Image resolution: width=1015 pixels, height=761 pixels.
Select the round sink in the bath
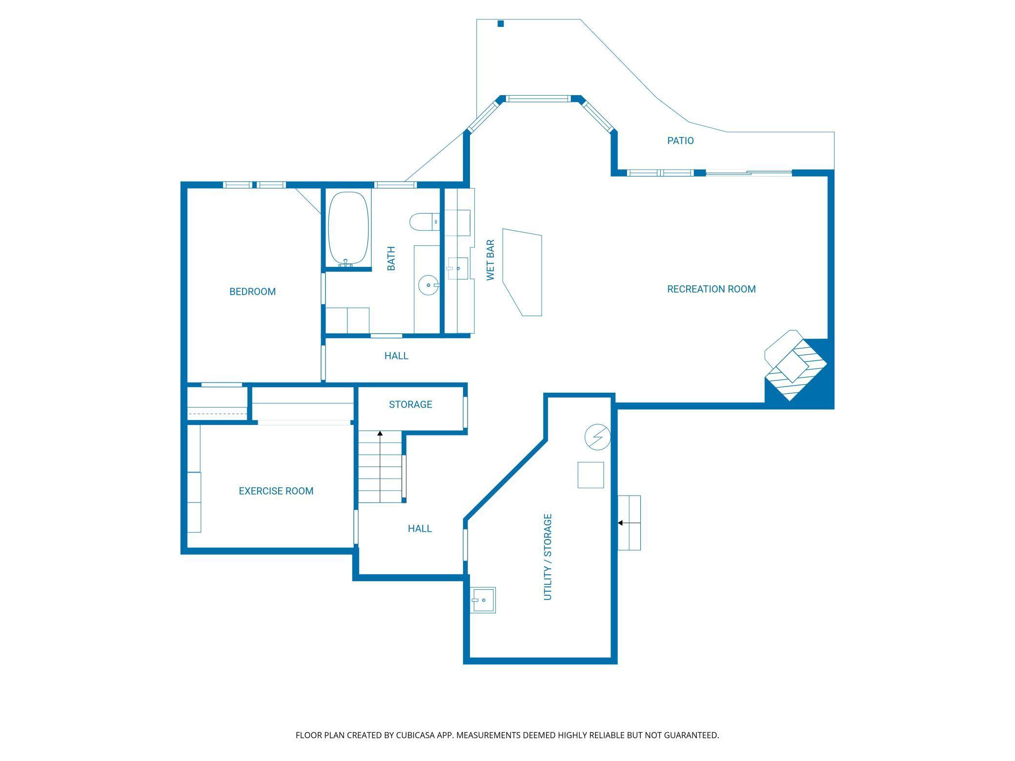[428, 285]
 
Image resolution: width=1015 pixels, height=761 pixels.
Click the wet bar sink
[457, 268]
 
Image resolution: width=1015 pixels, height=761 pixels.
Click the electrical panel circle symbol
[598, 437]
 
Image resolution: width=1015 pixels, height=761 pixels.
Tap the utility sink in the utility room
[483, 601]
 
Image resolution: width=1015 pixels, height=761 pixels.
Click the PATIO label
[680, 141]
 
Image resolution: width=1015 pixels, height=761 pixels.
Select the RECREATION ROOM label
[711, 289]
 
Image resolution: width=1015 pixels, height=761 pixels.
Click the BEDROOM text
[252, 292]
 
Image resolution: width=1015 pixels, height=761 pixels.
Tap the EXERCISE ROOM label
[276, 491]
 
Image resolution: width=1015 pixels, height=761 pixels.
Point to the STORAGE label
[410, 404]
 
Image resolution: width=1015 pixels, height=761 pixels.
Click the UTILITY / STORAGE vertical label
[548, 557]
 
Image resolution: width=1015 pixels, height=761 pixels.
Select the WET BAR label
[490, 260]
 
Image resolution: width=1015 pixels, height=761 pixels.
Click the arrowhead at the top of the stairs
[380, 433]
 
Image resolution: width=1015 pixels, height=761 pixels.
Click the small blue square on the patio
[500, 23]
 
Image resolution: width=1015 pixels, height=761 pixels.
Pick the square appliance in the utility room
[590, 475]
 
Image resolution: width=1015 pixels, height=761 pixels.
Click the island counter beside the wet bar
[522, 272]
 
